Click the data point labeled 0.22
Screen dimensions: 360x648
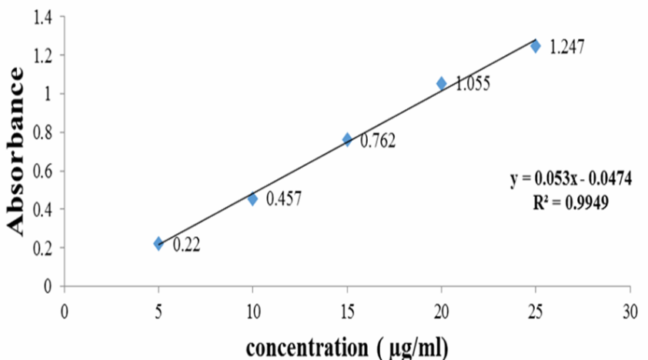159,243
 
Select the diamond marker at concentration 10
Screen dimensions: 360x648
252,199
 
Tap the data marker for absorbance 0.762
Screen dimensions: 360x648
347,139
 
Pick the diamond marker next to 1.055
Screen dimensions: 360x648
442,83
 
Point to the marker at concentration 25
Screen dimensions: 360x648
536,46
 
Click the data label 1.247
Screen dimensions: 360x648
567,47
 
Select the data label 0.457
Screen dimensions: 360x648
284,198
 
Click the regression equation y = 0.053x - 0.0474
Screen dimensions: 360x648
571,179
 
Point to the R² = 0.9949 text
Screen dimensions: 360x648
571,205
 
